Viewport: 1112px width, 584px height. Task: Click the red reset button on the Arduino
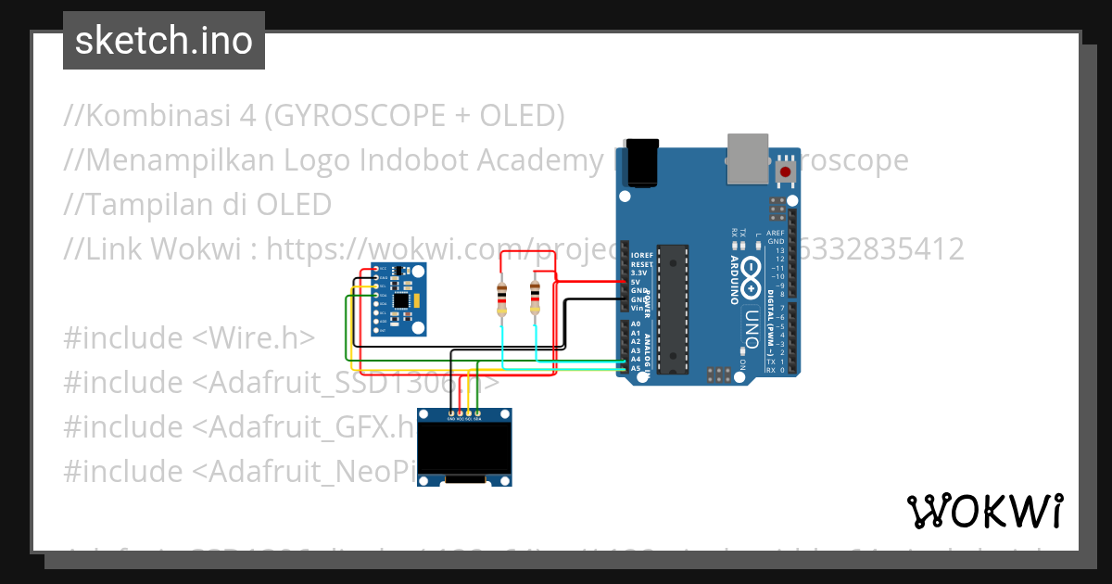(786, 171)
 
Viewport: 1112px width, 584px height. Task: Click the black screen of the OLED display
(464, 448)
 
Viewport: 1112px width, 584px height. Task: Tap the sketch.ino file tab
(164, 41)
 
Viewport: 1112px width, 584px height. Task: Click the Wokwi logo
(984, 511)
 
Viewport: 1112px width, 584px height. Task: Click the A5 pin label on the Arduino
(636, 368)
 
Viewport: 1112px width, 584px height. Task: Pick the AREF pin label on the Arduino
(775, 234)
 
